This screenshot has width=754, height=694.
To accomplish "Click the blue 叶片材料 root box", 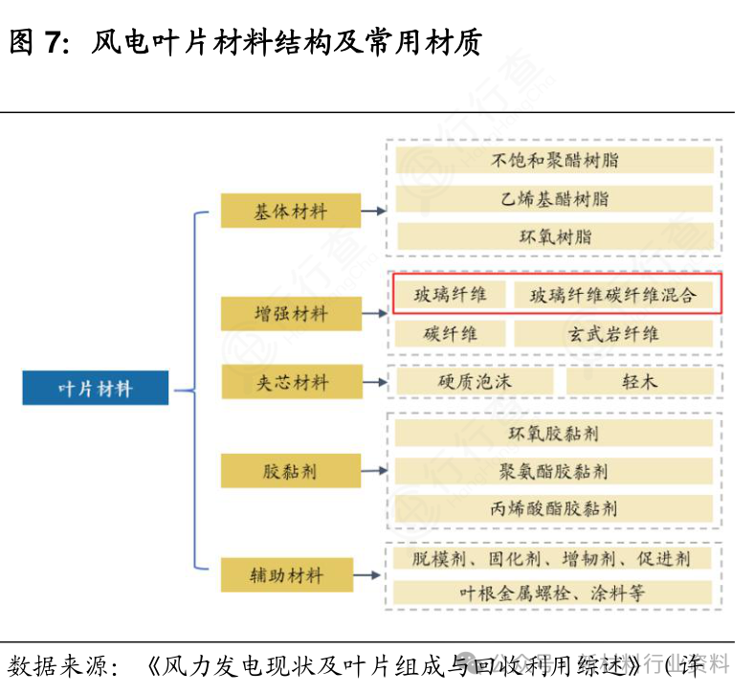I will click(x=96, y=388).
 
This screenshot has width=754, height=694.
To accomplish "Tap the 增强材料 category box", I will click(x=291, y=314).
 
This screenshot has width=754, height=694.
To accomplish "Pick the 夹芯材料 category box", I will click(x=291, y=382).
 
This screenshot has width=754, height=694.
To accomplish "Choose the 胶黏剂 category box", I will click(x=291, y=471).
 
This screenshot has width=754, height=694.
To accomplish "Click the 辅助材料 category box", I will click(x=291, y=575).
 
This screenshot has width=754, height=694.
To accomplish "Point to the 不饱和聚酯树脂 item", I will click(x=554, y=160).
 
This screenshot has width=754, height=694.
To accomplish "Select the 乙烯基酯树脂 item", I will click(x=554, y=199).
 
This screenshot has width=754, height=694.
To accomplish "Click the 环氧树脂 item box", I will click(x=554, y=236).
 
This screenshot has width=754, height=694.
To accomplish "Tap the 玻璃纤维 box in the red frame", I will click(x=450, y=295).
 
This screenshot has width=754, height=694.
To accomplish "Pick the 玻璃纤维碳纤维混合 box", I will click(x=613, y=295).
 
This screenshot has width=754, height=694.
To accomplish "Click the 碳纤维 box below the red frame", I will click(x=450, y=334).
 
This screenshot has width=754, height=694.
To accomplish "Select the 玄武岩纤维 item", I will click(x=613, y=334).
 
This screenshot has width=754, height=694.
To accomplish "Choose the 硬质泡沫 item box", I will click(x=475, y=382).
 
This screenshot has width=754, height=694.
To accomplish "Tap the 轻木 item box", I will click(x=639, y=382).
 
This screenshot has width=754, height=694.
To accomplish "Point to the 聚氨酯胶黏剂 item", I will click(x=554, y=471).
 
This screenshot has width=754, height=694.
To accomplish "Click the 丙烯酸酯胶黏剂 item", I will click(x=554, y=508).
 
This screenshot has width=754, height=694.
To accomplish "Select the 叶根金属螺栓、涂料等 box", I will click(x=554, y=593).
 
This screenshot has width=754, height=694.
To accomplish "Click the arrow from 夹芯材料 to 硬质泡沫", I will click(x=375, y=383).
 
